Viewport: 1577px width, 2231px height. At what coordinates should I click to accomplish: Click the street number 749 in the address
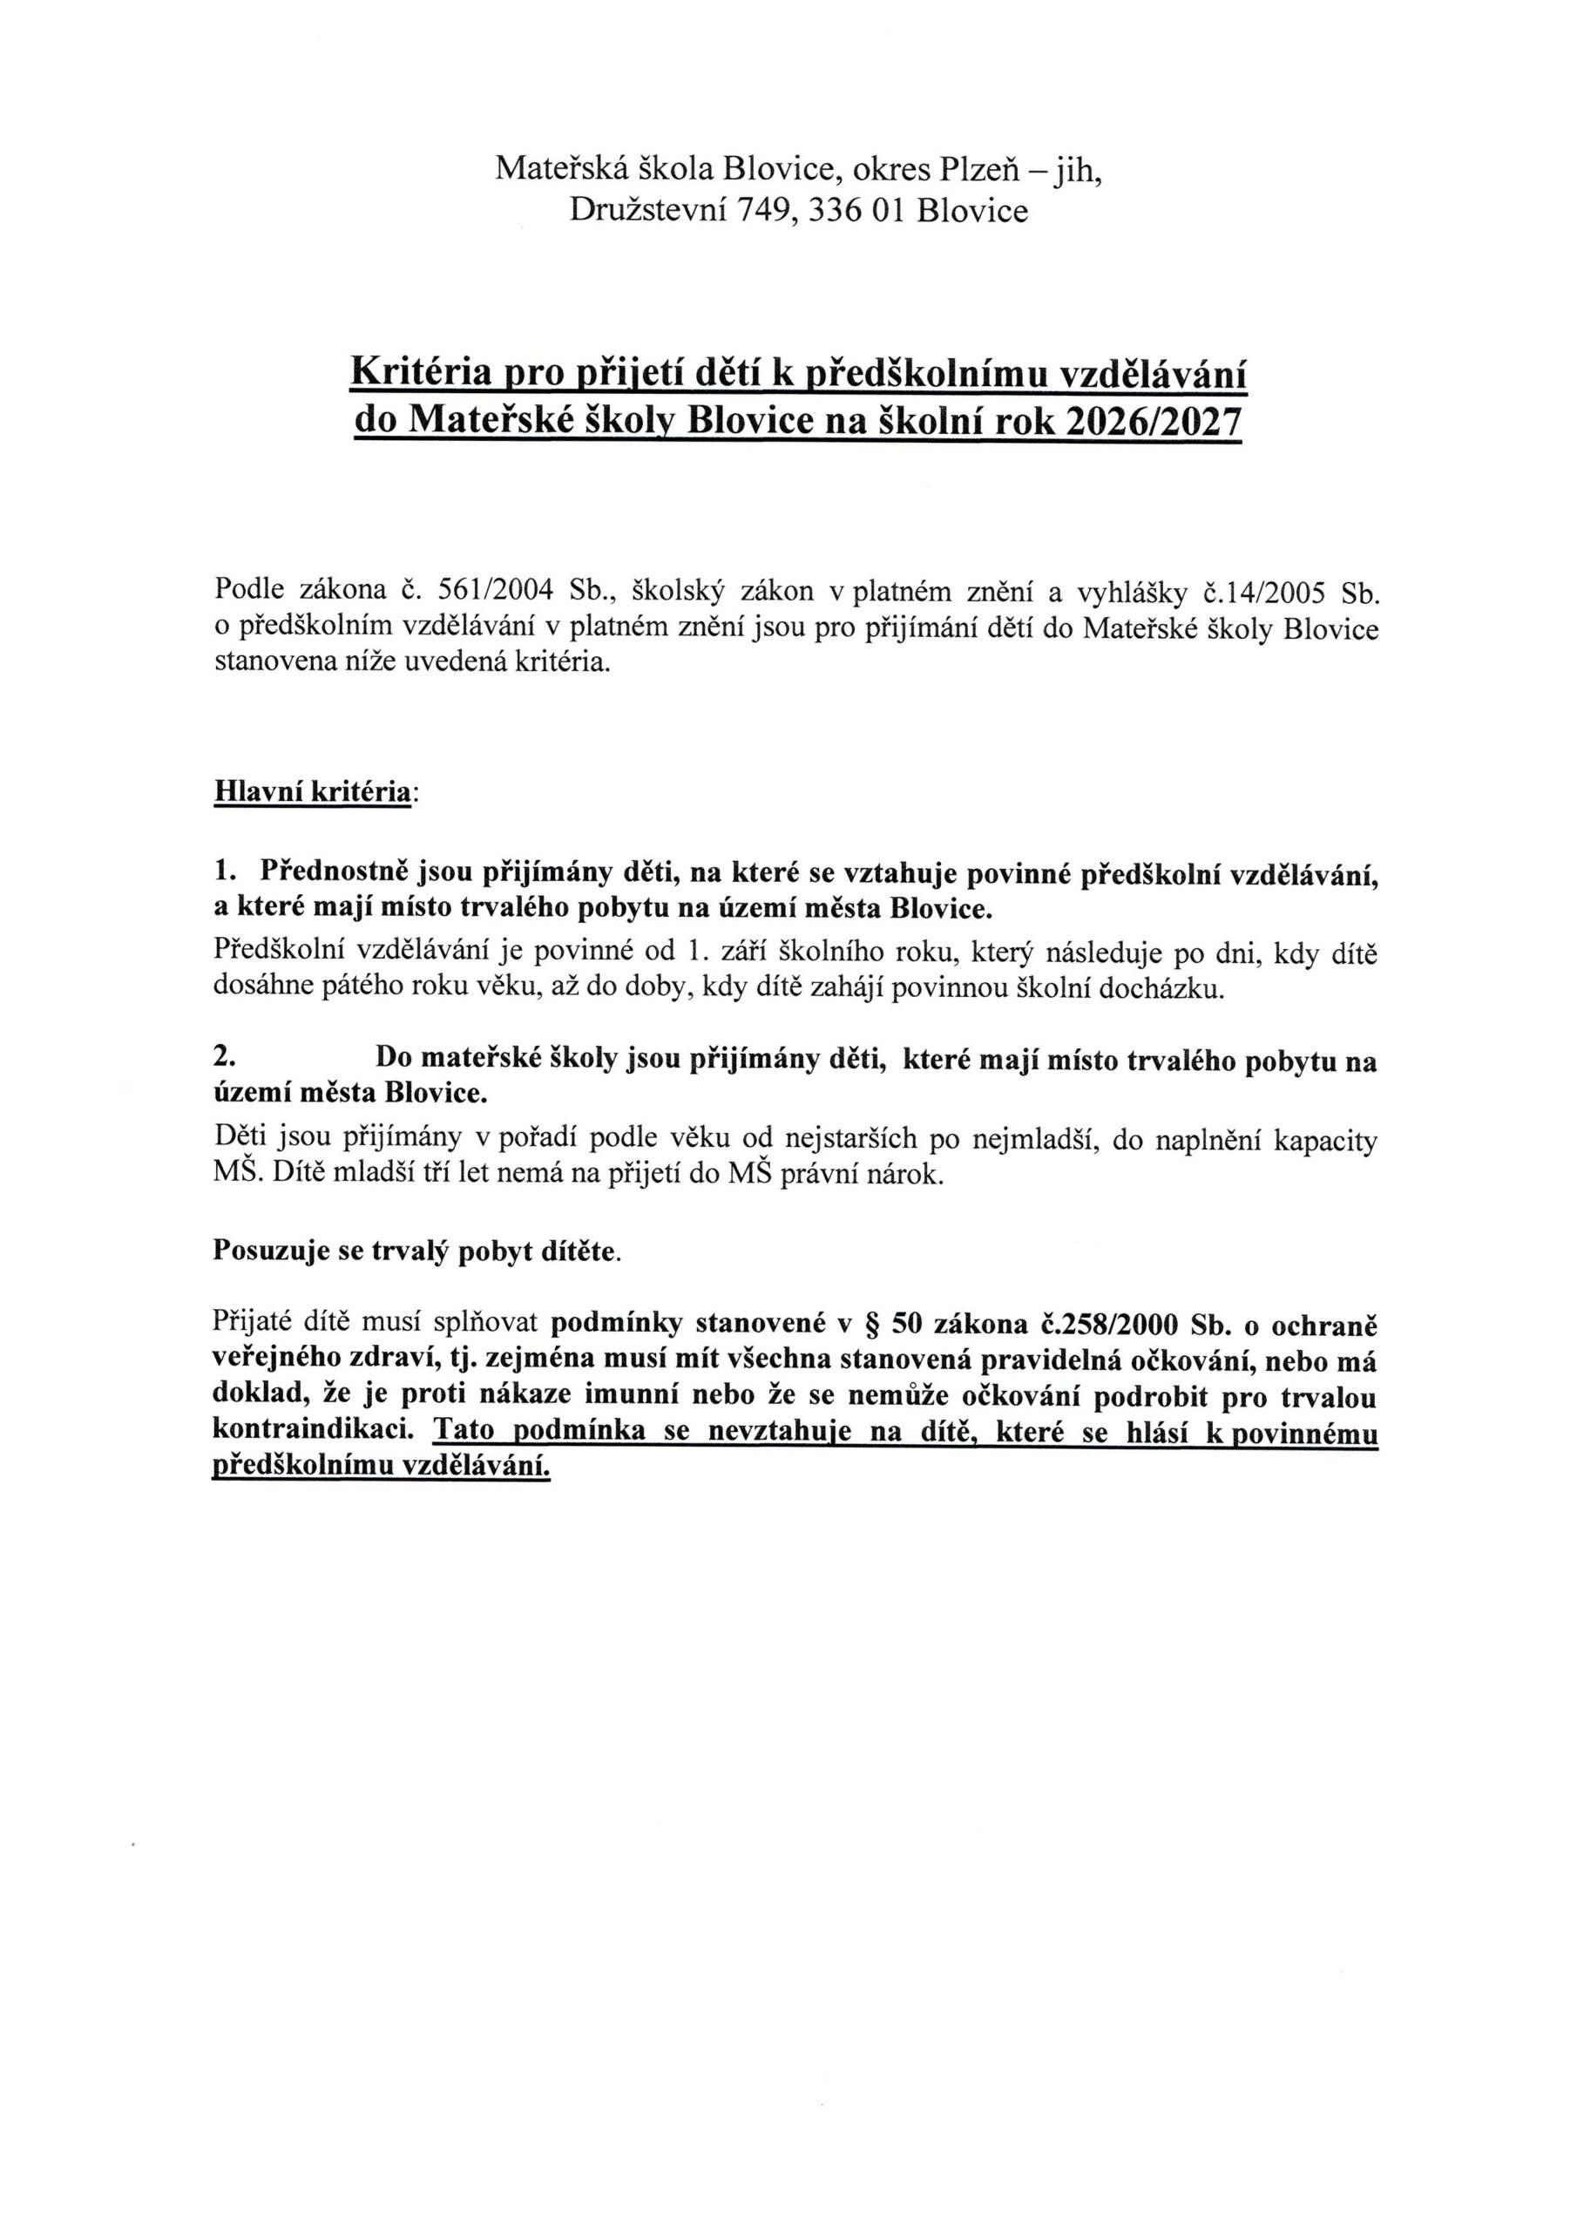[x=767, y=211]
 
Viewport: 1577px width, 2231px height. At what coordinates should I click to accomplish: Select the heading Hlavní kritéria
[x=312, y=792]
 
